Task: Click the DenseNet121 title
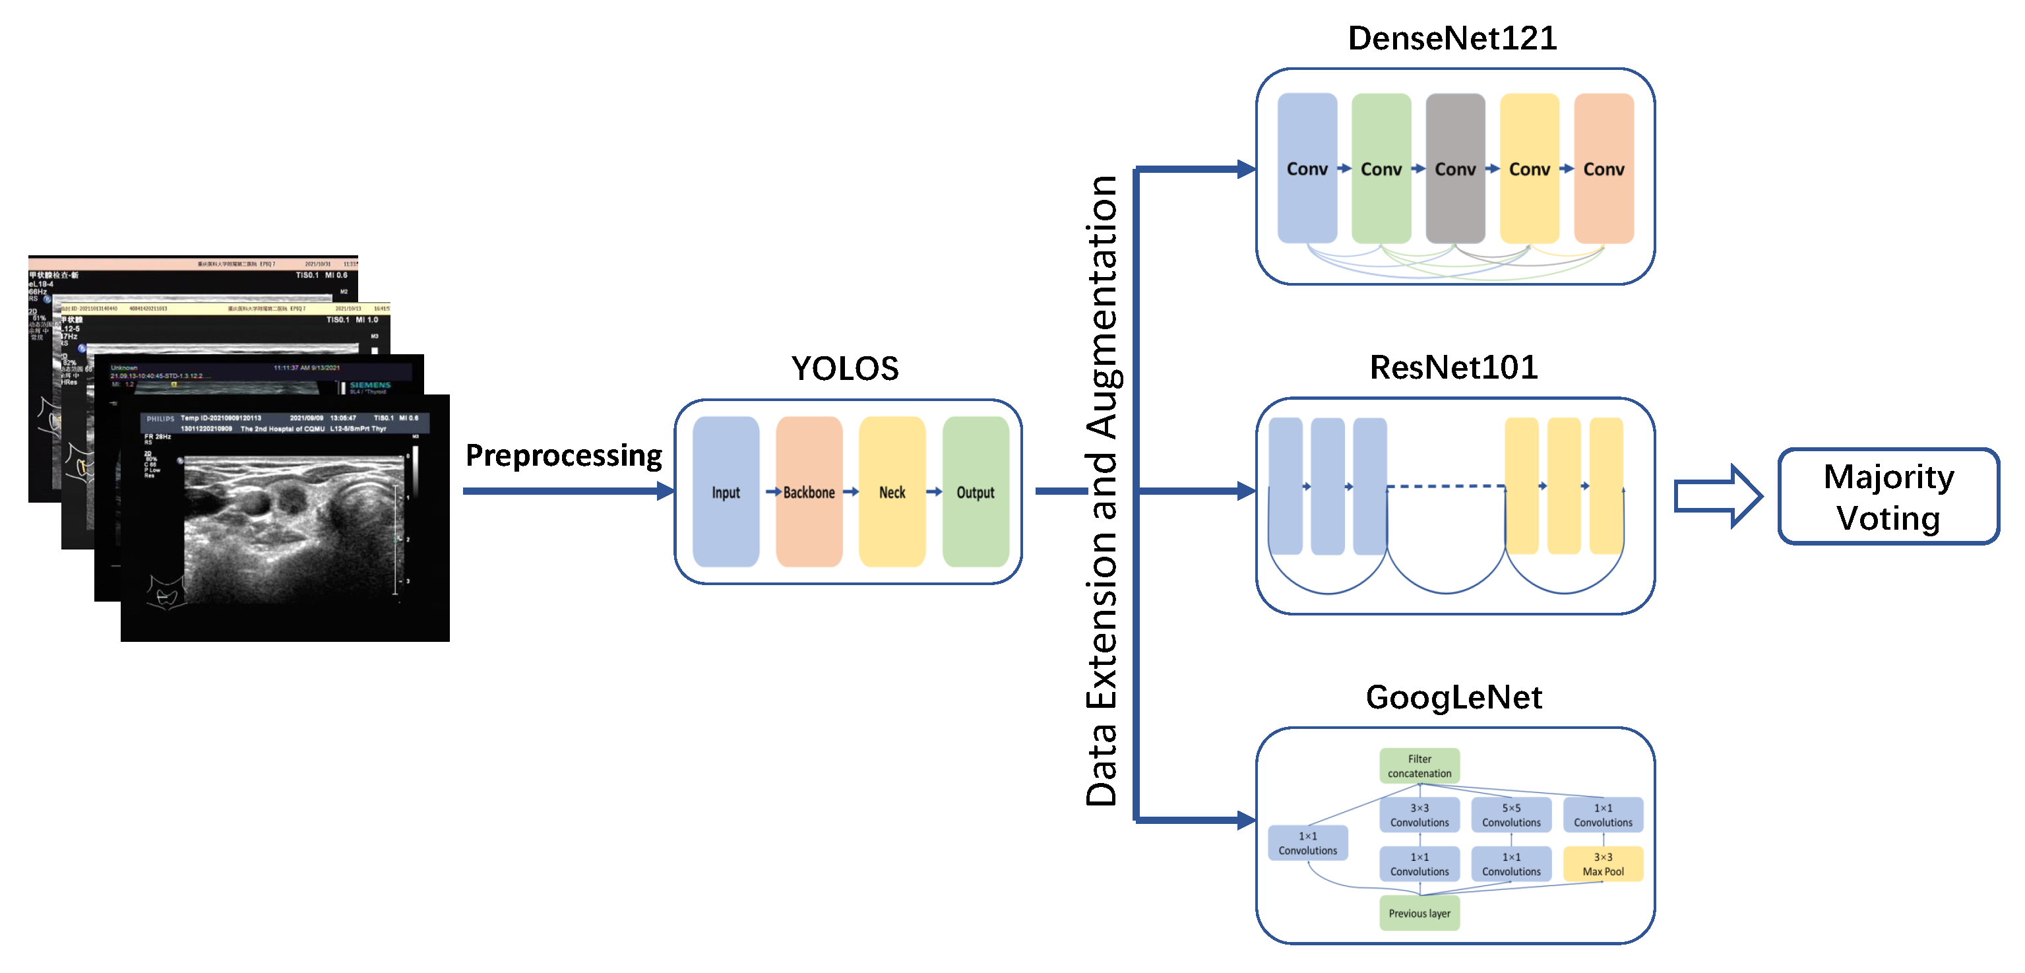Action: tap(1452, 38)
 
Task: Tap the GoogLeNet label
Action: tap(1454, 697)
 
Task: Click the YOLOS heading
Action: tap(844, 369)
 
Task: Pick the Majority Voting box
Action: tap(1888, 497)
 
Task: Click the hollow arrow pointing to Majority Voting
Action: tap(1717, 496)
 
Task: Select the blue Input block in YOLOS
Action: tap(726, 492)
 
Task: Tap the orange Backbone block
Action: tap(809, 492)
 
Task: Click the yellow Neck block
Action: tap(892, 492)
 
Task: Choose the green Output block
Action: tap(976, 492)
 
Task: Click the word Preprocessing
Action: tap(563, 456)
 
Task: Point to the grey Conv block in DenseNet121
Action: tap(1455, 168)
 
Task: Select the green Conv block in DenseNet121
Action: tap(1381, 168)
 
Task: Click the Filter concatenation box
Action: tap(1419, 765)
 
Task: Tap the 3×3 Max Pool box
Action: tap(1603, 863)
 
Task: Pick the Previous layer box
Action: tap(1419, 913)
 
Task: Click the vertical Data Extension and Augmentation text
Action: tap(1102, 491)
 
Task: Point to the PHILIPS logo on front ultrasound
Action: tap(160, 419)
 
